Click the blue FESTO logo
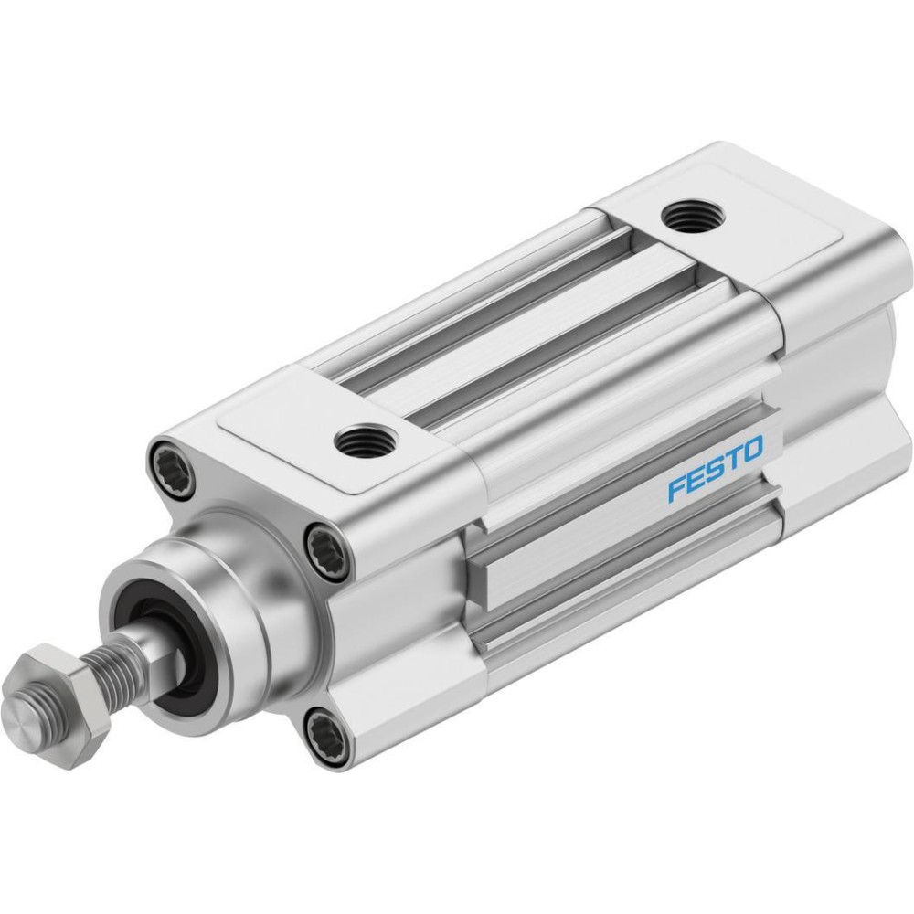coord(716,467)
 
